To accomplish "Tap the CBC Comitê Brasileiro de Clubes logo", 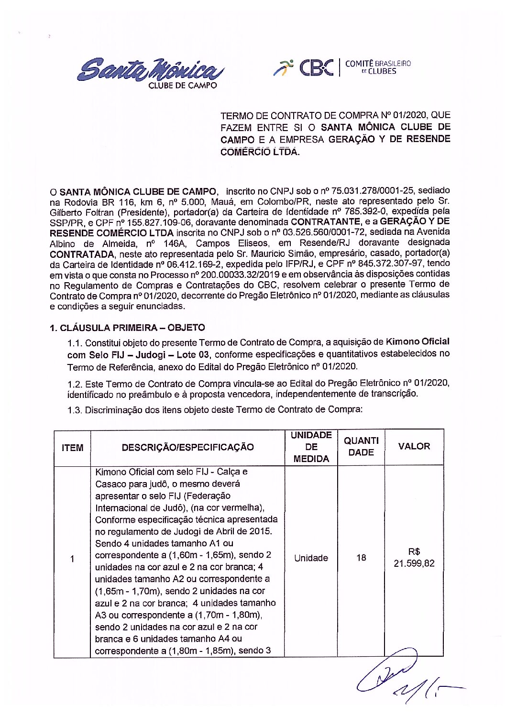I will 342,68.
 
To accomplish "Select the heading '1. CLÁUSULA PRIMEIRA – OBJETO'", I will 127,328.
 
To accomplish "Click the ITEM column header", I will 72,448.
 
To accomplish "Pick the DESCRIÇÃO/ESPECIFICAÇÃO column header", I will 187,447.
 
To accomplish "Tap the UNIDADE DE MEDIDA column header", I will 311,447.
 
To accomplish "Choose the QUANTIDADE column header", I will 361,446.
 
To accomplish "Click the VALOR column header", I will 414,446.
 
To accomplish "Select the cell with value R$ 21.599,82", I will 414,557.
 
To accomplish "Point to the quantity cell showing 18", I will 361,558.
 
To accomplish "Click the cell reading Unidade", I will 311,558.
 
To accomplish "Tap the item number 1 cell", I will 72,559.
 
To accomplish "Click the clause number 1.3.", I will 75,410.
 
